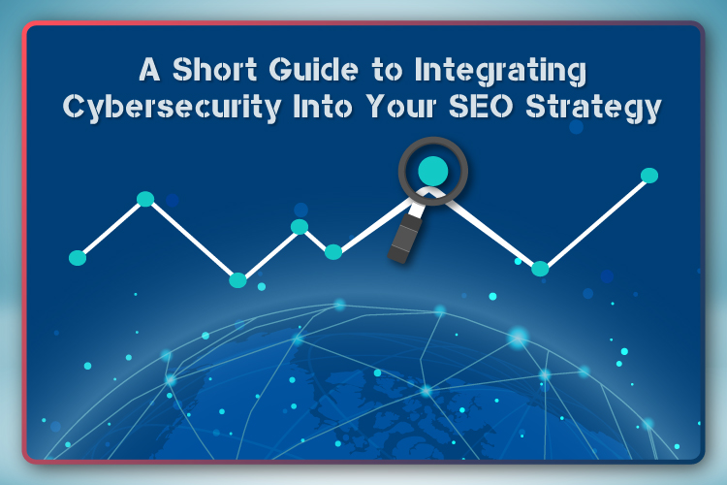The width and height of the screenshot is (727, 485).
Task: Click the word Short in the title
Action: pyautogui.click(x=215, y=70)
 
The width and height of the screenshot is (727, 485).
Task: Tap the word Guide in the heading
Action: pyautogui.click(x=314, y=70)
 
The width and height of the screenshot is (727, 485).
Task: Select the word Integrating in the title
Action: pyautogui.click(x=501, y=73)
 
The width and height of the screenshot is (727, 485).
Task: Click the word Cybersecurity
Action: pyautogui.click(x=172, y=109)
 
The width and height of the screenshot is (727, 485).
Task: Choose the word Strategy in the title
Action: pyautogui.click(x=593, y=109)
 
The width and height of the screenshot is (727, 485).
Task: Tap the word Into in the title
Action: pyautogui.click(x=322, y=107)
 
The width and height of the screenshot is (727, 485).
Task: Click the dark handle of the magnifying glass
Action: pyautogui.click(x=405, y=239)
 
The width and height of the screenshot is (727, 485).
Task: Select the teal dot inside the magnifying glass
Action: pyautogui.click(x=433, y=171)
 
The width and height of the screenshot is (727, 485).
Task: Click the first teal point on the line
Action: pyautogui.click(x=78, y=258)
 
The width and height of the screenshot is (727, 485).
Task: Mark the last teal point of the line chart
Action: pyautogui.click(x=649, y=176)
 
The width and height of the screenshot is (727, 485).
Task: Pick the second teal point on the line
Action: pyautogui.click(x=145, y=199)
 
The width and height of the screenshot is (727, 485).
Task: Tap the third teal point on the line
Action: pyautogui.click(x=237, y=280)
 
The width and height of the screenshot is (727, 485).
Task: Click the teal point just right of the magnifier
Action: pyautogui.click(x=540, y=269)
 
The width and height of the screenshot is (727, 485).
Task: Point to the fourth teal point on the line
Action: pyautogui.click(x=300, y=226)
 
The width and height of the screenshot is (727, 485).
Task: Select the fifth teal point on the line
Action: pyautogui.click(x=333, y=252)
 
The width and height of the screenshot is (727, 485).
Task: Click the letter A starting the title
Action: pyautogui.click(x=149, y=70)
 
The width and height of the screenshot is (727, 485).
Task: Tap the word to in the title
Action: pyautogui.click(x=387, y=71)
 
